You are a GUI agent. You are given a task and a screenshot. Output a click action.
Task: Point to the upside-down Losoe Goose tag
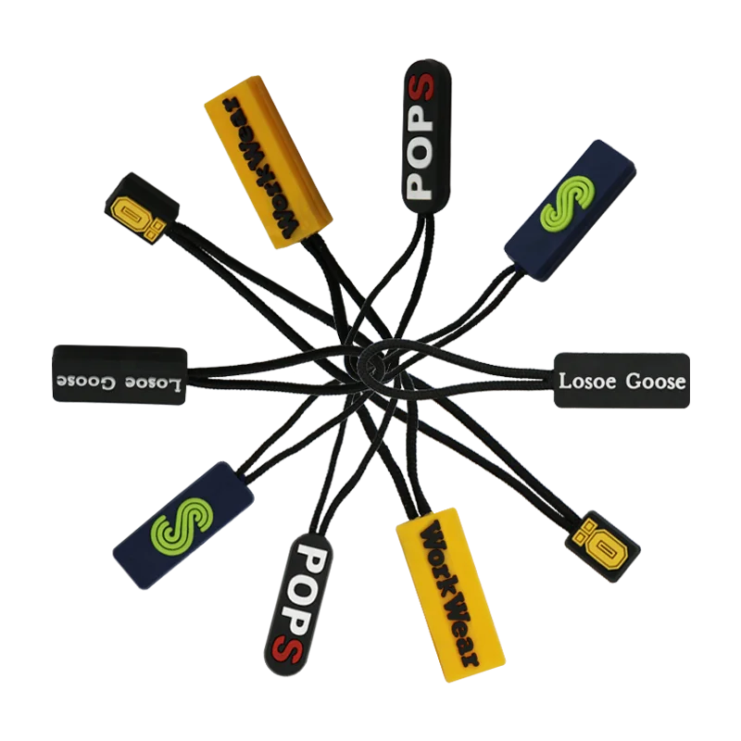click(x=120, y=374)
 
